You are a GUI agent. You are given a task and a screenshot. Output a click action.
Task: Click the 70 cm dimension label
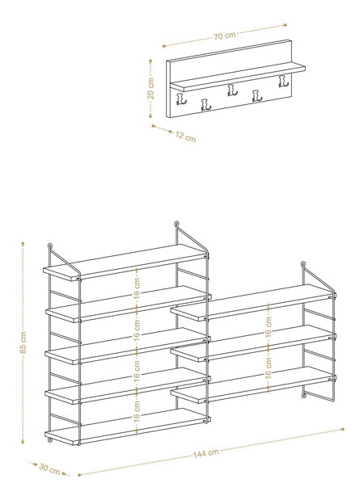[225, 36]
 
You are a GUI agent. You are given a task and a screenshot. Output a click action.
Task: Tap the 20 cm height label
[150, 88]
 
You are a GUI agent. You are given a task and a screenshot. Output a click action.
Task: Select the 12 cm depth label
[185, 137]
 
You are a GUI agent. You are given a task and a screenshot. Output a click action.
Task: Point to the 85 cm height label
[23, 342]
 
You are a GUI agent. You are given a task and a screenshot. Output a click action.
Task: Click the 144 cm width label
[206, 453]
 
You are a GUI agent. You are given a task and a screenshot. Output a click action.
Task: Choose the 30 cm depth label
[49, 469]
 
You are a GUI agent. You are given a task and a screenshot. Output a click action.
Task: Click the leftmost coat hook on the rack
[181, 99]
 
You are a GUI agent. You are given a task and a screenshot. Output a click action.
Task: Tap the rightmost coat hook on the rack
[283, 81]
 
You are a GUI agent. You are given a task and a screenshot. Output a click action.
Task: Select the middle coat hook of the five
[232, 90]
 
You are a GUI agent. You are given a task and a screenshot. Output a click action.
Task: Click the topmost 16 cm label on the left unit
[137, 287]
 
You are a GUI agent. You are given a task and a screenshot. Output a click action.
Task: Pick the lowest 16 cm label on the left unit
[137, 411]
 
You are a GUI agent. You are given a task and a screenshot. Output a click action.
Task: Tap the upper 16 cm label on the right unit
[269, 326]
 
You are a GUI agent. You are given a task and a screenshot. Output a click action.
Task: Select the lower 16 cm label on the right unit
[269, 368]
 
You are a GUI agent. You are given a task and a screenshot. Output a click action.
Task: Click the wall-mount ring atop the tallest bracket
[176, 224]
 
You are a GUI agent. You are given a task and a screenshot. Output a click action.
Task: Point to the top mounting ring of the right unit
[303, 264]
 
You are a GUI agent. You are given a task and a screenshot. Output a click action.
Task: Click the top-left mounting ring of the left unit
[50, 246]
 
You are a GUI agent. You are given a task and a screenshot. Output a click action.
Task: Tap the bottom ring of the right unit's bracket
[304, 396]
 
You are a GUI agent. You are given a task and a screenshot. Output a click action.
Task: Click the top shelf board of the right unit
[253, 302]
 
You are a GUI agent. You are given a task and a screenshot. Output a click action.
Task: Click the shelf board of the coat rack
[238, 77]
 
